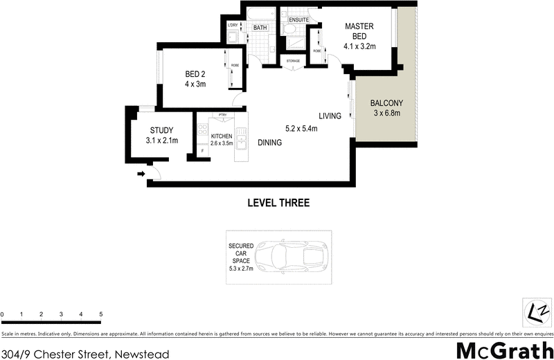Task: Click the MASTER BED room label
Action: [359, 31]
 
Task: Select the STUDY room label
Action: [161, 130]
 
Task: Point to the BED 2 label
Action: [196, 74]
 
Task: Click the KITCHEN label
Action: [221, 136]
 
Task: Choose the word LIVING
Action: [330, 116]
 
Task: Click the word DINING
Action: [269, 143]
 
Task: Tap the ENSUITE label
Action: [298, 21]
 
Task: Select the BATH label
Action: [260, 28]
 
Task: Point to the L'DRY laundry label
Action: [233, 26]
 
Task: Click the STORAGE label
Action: [294, 61]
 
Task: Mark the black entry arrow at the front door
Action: [141, 175]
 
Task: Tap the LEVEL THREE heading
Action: [278, 203]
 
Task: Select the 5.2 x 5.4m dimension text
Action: [301, 128]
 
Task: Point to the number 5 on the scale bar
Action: [101, 314]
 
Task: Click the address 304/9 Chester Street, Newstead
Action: [84, 354]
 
